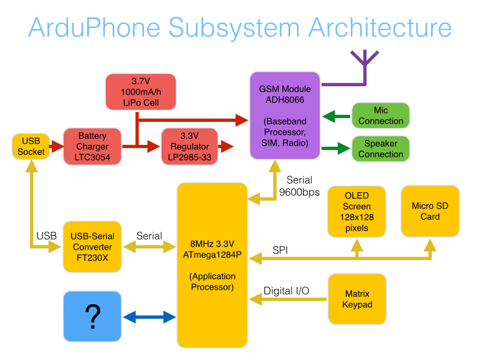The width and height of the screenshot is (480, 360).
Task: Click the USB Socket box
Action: click(31, 146)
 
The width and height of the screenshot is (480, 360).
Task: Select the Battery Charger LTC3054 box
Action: click(92, 146)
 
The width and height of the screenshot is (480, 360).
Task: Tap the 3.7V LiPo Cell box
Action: click(141, 92)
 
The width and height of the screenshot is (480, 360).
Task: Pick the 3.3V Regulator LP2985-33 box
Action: click(189, 146)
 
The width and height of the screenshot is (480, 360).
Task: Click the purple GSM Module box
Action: click(285, 115)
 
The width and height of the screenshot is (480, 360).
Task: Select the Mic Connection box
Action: click(381, 115)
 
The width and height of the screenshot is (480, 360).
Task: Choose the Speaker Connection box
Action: click(381, 149)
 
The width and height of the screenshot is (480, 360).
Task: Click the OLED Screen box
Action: click(357, 211)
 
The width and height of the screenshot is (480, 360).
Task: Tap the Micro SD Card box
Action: click(430, 211)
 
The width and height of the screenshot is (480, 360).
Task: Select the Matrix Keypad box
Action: click(357, 299)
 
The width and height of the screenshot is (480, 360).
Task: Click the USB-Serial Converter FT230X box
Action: click(92, 247)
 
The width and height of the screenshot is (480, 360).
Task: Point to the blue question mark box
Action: click(92, 316)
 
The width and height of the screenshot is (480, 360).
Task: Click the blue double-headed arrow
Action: click(149, 317)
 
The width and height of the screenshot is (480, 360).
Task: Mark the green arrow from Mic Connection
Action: click(336, 116)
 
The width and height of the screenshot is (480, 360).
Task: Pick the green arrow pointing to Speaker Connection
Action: click(336, 149)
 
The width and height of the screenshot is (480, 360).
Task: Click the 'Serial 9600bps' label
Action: click(299, 186)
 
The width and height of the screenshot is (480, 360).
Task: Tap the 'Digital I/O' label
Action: click(286, 291)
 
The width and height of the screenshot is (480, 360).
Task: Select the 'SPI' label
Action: click(280, 251)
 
